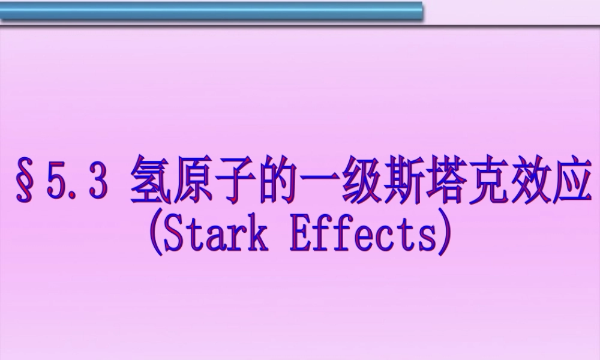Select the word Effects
click(361, 237)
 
